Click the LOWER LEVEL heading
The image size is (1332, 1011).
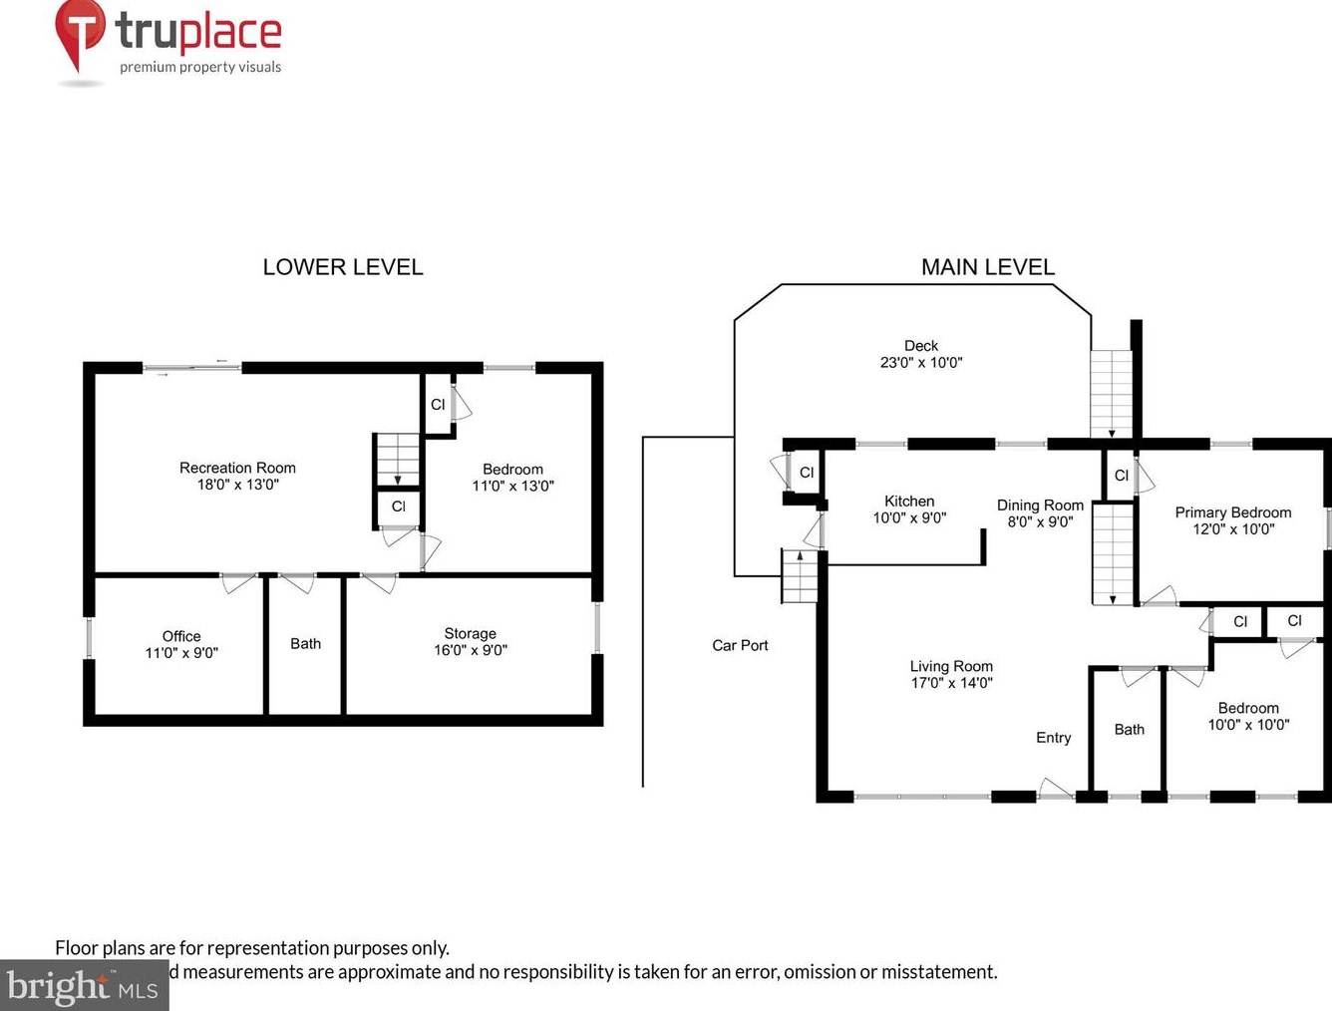point(343,267)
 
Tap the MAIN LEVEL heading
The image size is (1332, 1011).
point(988,267)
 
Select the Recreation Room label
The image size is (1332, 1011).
point(238,468)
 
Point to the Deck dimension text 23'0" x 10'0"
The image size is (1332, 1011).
point(921,362)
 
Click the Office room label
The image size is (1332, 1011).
point(181,636)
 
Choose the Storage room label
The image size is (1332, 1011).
point(471,633)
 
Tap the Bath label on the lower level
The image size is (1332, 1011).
point(305,643)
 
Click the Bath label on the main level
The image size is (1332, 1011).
point(1130,729)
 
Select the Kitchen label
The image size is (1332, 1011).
point(909,502)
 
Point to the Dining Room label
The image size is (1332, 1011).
point(1040,505)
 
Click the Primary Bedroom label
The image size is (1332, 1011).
point(1233,512)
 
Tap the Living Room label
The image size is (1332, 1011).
point(951,666)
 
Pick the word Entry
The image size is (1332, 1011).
point(1054,738)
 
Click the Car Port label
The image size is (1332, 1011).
point(740,645)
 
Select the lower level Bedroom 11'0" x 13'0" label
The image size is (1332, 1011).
point(512,477)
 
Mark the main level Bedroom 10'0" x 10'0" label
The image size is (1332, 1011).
point(1248,716)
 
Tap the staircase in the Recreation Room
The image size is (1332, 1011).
point(398,460)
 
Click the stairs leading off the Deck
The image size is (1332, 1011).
point(1111,394)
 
